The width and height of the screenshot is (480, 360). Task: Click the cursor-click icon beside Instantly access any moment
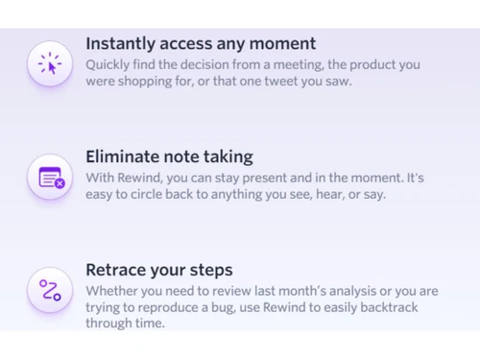point(49,63)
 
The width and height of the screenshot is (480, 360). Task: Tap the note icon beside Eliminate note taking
point(51,178)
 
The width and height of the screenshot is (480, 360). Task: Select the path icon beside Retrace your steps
point(50,290)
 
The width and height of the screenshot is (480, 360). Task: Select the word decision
point(218,64)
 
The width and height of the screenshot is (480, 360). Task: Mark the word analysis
point(326,290)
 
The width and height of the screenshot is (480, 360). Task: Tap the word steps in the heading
point(209,270)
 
